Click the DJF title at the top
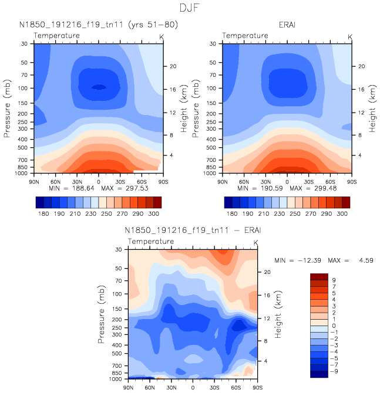coord(190,8)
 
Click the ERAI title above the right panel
coord(287,24)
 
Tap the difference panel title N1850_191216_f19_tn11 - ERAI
coord(193,231)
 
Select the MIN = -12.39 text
coord(299,259)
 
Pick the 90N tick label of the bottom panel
coord(129,388)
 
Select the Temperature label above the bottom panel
coord(151,242)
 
